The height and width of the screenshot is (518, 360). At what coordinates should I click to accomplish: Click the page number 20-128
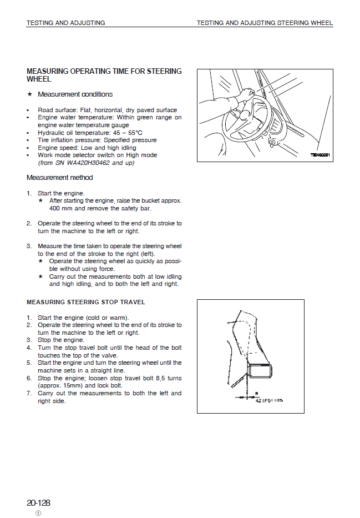[x=38, y=503]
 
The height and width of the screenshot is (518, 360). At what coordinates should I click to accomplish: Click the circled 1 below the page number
[x=38, y=513]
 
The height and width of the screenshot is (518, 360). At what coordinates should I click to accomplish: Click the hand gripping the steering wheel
[x=247, y=94]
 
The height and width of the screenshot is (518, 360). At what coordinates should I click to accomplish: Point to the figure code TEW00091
[x=320, y=155]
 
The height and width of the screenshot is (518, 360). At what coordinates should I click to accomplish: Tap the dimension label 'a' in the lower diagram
[x=256, y=393]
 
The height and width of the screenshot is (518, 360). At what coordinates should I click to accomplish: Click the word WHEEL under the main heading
[x=39, y=79]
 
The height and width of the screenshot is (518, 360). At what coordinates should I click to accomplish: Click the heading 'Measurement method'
[x=60, y=178]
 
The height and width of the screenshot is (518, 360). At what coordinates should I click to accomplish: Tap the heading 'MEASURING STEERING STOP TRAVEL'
[x=86, y=303]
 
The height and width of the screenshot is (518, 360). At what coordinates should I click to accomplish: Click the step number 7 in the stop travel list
[x=29, y=393]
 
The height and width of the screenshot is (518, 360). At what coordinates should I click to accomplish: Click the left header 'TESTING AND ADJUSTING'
[x=65, y=23]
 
